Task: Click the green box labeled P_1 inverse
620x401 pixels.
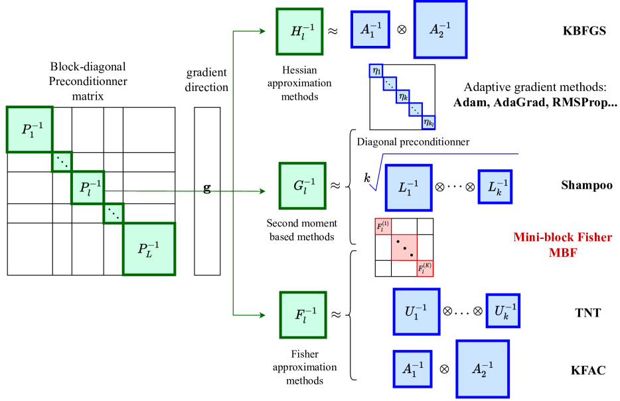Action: click(29, 129)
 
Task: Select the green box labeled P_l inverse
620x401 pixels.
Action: click(88, 188)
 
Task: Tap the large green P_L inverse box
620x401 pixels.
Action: click(149, 249)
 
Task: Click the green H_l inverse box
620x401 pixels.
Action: click(299, 31)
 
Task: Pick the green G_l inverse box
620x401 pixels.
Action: click(303, 186)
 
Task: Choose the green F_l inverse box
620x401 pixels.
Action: click(303, 315)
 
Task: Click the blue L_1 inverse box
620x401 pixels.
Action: click(408, 188)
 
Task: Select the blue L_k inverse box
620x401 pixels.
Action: click(495, 187)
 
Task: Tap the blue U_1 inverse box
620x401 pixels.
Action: click(416, 311)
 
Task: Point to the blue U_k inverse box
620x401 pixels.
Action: click(503, 311)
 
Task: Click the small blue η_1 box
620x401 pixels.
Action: click(376, 70)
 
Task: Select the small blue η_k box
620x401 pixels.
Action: click(403, 97)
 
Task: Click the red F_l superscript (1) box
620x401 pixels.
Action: click(383, 226)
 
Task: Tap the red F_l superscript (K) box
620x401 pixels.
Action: click(425, 268)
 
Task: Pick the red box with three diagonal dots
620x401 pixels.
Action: click(404, 247)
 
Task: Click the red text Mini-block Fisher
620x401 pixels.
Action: click(562, 237)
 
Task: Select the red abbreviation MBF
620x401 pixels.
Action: click(562, 252)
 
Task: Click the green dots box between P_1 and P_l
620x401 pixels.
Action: click(62, 162)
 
